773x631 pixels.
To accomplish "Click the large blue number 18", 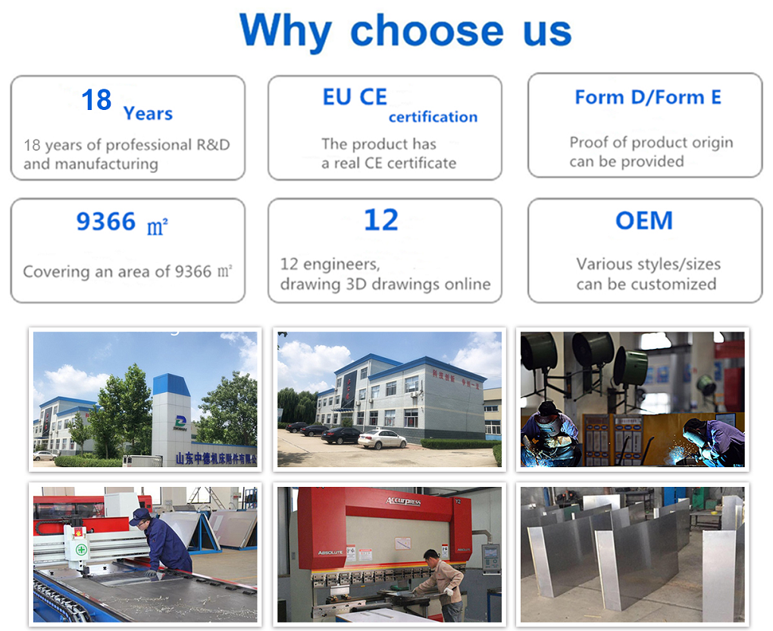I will tap(96, 100).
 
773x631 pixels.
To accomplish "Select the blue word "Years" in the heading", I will tap(148, 114).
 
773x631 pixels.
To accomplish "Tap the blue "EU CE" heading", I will tap(355, 97).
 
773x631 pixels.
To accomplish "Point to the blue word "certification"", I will tap(433, 117).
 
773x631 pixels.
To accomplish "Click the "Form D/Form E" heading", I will tap(647, 97).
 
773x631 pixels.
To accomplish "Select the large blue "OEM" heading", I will tap(644, 220).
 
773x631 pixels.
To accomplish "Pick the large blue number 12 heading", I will tap(380, 220).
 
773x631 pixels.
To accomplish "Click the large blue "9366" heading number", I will tap(106, 221).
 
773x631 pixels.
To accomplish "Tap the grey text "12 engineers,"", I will tap(330, 264).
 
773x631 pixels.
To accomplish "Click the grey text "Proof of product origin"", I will tap(651, 142).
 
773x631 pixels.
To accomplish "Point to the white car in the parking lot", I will tap(382, 438).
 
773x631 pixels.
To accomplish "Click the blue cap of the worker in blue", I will tap(139, 516).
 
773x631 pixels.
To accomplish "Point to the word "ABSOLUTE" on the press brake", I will tap(332, 553).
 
